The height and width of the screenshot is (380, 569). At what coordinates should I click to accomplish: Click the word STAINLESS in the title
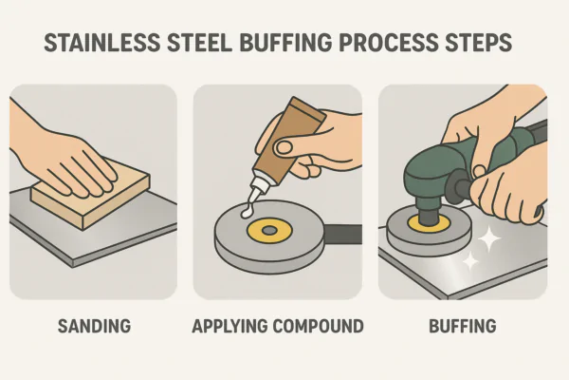(102, 43)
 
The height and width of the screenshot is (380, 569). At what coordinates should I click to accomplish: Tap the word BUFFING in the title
(285, 43)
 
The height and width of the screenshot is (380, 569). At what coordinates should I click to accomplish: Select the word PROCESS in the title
(388, 43)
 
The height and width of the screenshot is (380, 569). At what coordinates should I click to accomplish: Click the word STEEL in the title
(199, 43)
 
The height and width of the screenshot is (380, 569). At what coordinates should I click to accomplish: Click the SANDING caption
(94, 326)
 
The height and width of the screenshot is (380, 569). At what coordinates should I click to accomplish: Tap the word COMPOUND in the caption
(318, 326)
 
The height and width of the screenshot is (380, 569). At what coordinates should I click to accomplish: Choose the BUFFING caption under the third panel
(463, 326)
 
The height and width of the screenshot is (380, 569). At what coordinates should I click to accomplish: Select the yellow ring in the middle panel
(269, 222)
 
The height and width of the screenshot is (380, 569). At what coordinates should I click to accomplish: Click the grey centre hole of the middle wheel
(269, 230)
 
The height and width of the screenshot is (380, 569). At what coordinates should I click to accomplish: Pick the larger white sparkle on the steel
(488, 238)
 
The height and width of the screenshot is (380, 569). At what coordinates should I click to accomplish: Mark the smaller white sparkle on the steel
(470, 260)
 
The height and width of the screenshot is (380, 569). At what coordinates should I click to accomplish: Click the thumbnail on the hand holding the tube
(284, 147)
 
